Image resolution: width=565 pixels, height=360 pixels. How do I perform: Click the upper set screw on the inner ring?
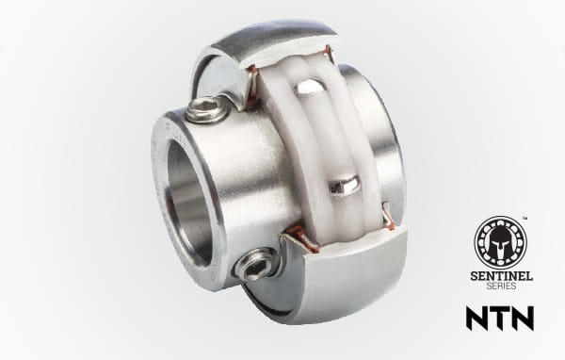click(x=203, y=110)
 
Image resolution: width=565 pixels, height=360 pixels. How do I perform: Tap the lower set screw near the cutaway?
click(x=255, y=265)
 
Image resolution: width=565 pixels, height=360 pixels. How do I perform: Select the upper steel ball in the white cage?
click(x=309, y=87)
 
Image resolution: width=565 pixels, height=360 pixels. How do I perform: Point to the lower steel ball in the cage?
click(x=345, y=184)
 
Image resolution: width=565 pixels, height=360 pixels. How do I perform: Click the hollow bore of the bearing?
click(x=188, y=202)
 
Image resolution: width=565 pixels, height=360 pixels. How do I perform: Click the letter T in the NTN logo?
click(x=500, y=318)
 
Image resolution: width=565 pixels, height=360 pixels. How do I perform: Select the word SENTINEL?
click(x=501, y=276)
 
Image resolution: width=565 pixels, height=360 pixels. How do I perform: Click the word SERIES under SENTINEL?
click(x=501, y=286)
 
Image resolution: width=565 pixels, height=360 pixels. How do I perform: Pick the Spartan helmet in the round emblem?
click(x=501, y=242)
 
